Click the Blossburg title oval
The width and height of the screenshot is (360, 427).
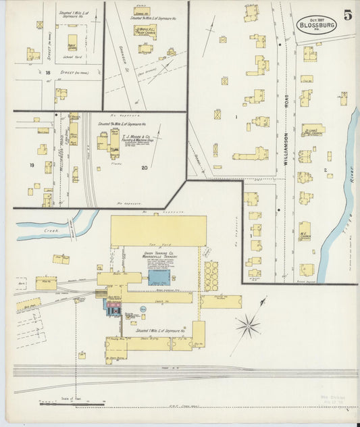(x=316, y=22)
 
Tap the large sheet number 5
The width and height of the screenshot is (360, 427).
(x=347, y=16)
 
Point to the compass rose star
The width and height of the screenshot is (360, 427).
(x=248, y=326)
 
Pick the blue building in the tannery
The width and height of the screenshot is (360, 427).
(x=159, y=277)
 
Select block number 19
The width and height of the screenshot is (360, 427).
(x=31, y=165)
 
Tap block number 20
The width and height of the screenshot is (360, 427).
(x=144, y=167)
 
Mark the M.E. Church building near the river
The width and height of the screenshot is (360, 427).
(x=305, y=232)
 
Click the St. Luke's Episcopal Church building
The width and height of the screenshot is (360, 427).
(x=311, y=129)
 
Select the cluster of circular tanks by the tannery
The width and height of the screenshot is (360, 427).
(x=211, y=276)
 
